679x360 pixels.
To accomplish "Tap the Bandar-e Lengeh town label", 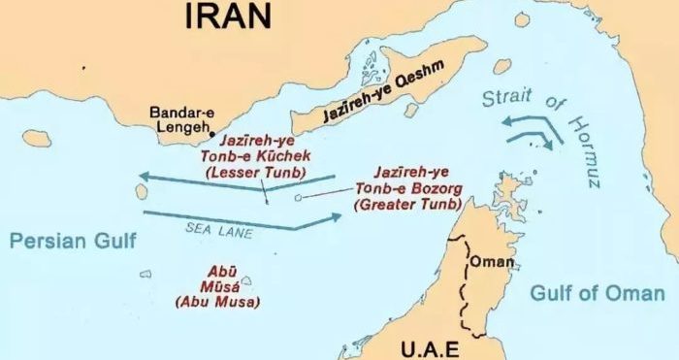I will tap(181, 121).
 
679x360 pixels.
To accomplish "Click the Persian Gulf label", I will tap(73, 241).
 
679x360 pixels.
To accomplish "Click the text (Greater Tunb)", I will tap(400, 205).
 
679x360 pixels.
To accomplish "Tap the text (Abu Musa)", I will tap(216, 302).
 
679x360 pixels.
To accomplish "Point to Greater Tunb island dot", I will tap(298, 198).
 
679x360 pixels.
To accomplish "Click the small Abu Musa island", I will tap(246, 281).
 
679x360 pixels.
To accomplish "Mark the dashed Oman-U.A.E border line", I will tap(469, 291).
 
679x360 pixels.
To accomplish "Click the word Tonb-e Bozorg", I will tap(399, 189).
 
